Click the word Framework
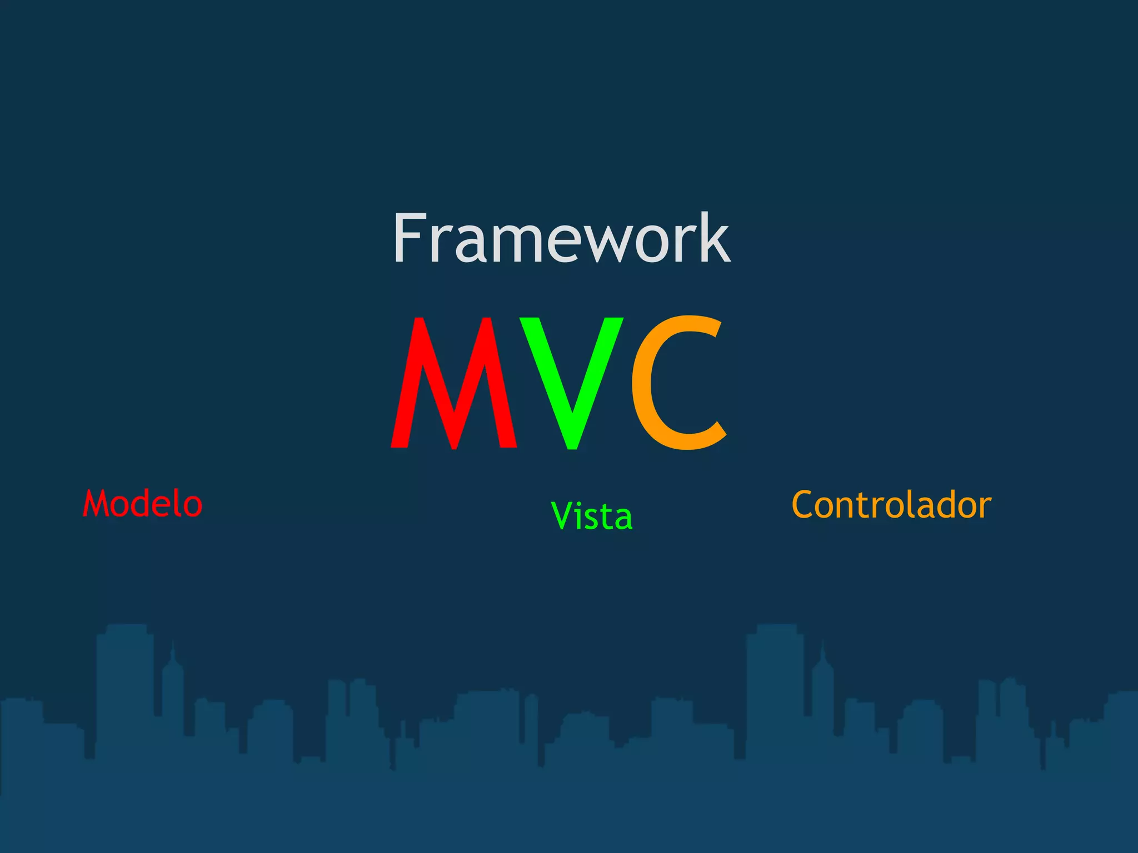[x=561, y=239]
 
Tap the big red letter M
[x=455, y=383]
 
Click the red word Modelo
[x=143, y=504]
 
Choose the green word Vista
[x=592, y=516]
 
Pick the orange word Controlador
[x=891, y=505]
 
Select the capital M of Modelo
[x=96, y=504]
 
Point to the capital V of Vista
[x=561, y=516]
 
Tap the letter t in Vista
[x=604, y=517]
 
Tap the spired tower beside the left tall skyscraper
[x=173, y=694]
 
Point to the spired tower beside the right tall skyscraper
[x=823, y=694]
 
